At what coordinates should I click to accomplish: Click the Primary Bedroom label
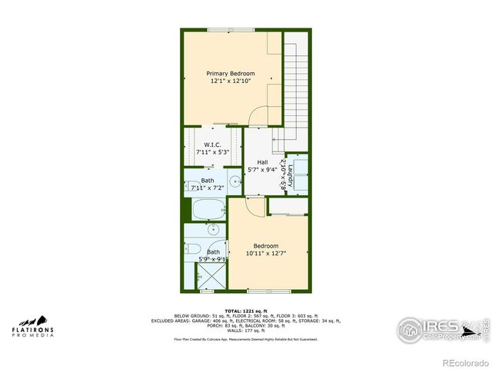pyautogui.click(x=231, y=74)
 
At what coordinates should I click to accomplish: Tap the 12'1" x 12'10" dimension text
pyautogui.click(x=231, y=81)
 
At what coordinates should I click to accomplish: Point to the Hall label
pyautogui.click(x=262, y=161)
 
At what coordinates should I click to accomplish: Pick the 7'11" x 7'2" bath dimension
pyautogui.click(x=207, y=188)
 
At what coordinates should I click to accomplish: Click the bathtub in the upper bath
pyautogui.click(x=207, y=208)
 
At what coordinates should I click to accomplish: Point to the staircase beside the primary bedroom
pyautogui.click(x=296, y=85)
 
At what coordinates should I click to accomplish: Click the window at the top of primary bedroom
pyautogui.click(x=231, y=30)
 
